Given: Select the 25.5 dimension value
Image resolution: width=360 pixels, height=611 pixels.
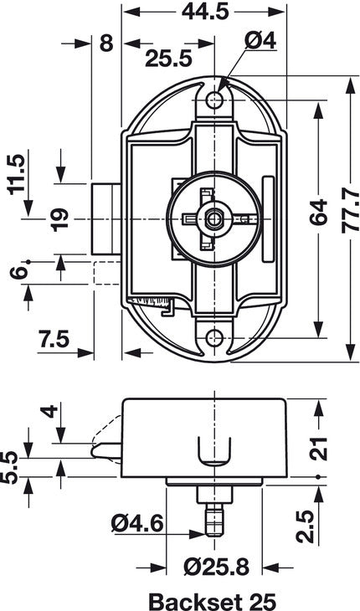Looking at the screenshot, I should (x=167, y=59).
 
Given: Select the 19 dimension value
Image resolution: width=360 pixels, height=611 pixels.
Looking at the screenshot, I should (x=59, y=218).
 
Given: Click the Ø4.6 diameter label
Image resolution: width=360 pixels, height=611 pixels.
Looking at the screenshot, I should (x=137, y=525).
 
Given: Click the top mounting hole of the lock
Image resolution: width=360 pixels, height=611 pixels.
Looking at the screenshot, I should (x=216, y=100).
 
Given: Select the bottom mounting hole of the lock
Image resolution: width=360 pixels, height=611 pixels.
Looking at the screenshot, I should (x=216, y=338).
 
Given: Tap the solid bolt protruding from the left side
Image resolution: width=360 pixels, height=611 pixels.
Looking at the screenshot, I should (x=105, y=219).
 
